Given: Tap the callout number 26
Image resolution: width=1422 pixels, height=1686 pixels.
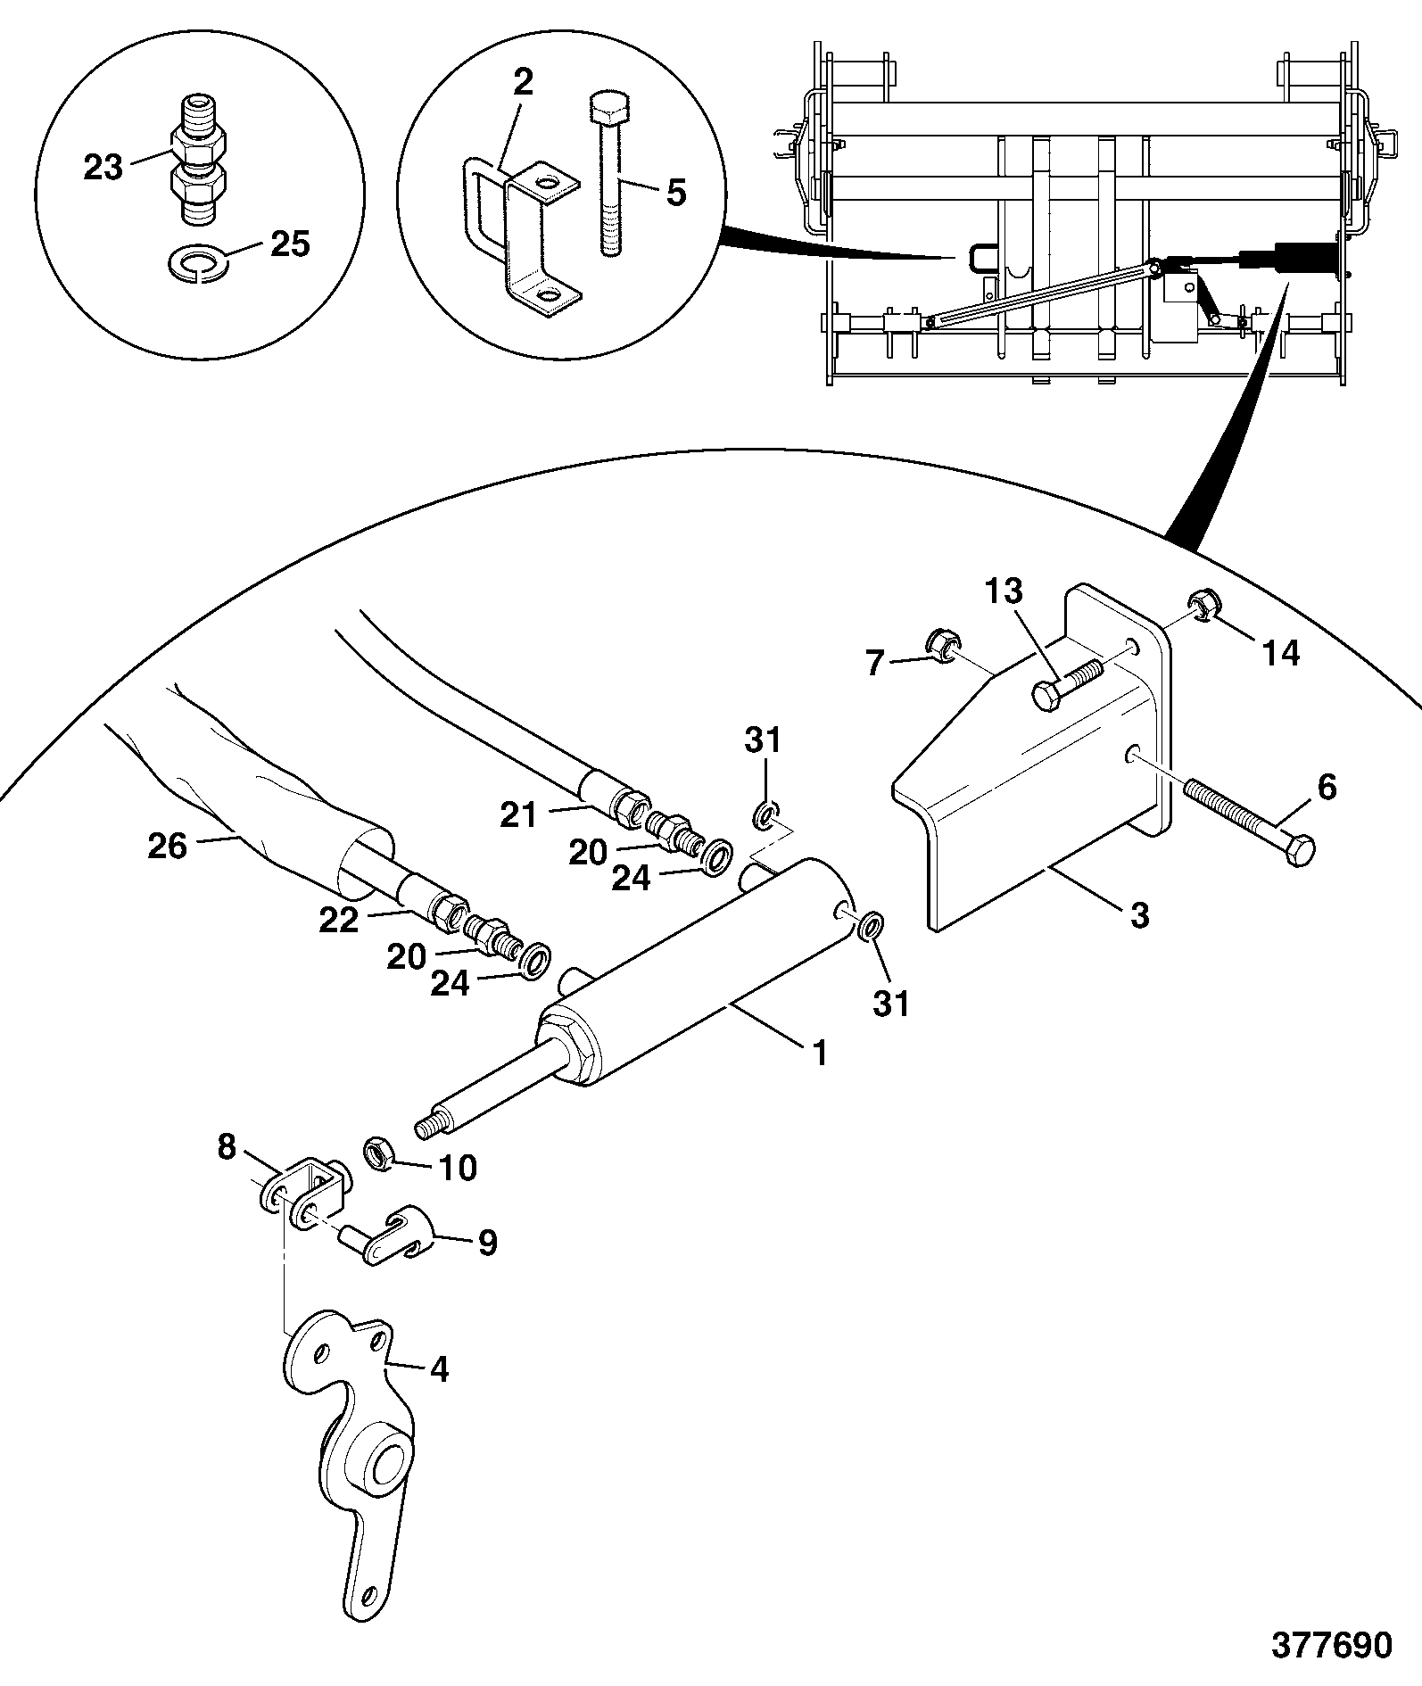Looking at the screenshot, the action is click(168, 846).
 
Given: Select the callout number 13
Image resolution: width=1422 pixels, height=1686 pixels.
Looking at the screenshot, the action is click(1004, 591).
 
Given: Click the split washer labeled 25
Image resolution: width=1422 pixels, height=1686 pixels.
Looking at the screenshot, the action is click(197, 265).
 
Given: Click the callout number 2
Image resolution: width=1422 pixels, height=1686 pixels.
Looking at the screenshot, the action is click(523, 82).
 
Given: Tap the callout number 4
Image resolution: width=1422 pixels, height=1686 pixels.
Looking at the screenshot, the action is click(440, 1368).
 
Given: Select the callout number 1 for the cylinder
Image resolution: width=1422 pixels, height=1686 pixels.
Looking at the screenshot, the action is click(820, 1054).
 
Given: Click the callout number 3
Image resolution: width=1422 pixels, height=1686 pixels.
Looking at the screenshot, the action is click(1140, 914).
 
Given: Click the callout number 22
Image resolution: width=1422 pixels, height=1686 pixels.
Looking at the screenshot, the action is click(340, 920).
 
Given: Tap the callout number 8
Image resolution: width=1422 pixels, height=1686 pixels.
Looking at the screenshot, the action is click(227, 1146).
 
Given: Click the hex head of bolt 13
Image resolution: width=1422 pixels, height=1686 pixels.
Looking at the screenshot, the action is click(1048, 695).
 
